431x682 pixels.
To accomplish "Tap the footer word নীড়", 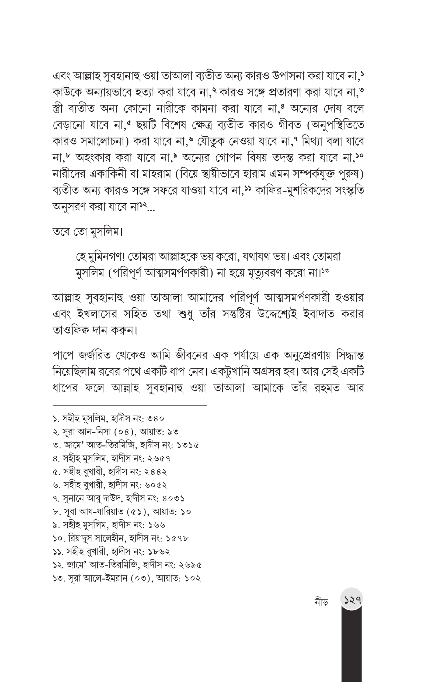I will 321,602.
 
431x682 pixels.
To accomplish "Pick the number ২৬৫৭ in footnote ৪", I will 159,458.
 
